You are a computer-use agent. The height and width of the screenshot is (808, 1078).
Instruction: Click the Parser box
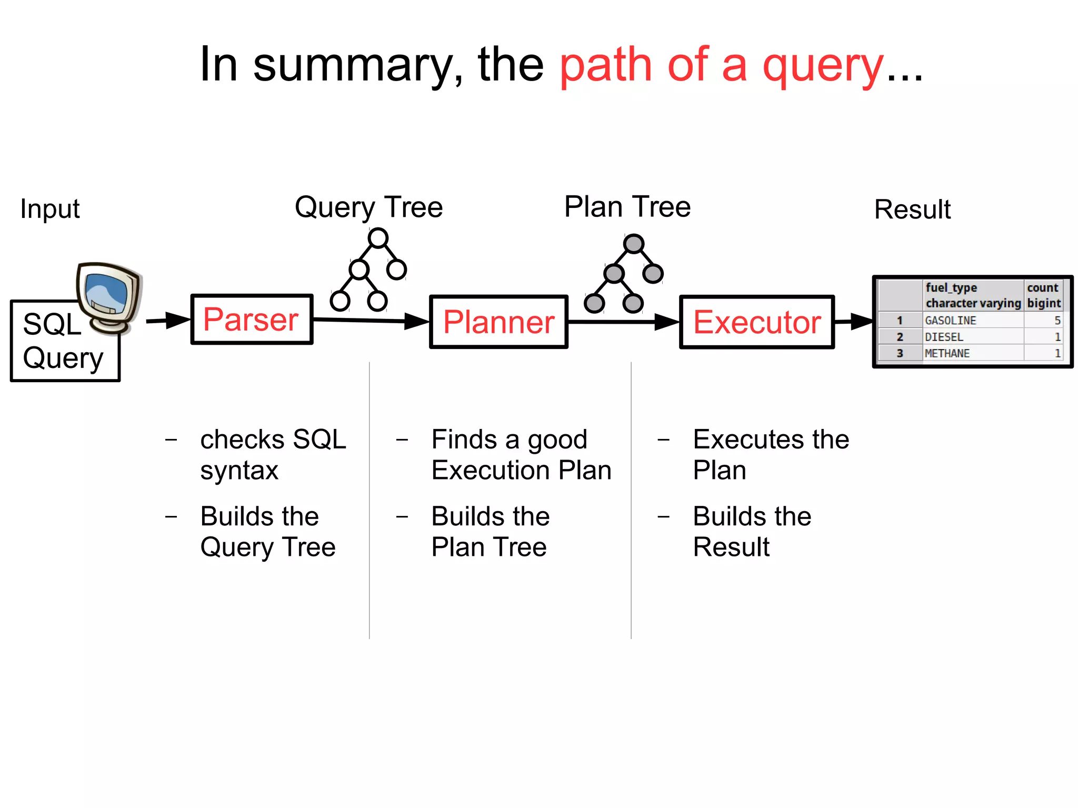252,320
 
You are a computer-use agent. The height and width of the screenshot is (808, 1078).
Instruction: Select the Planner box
498,322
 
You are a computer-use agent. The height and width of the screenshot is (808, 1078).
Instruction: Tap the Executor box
756,322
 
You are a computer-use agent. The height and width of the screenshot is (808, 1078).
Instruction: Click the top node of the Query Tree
378,238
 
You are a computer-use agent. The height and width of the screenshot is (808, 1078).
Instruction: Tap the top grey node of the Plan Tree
633,244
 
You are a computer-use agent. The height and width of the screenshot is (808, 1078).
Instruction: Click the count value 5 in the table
1057,320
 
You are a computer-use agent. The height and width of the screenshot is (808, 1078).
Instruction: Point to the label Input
50,209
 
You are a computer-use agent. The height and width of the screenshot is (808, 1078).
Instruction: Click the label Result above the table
912,210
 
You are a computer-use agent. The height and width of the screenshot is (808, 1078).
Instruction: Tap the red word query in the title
823,66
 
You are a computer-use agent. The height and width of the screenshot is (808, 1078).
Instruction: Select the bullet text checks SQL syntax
273,454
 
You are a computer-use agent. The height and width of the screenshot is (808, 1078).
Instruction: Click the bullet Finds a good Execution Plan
521,454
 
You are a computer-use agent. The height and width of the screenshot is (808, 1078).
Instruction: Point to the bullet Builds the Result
752,531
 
